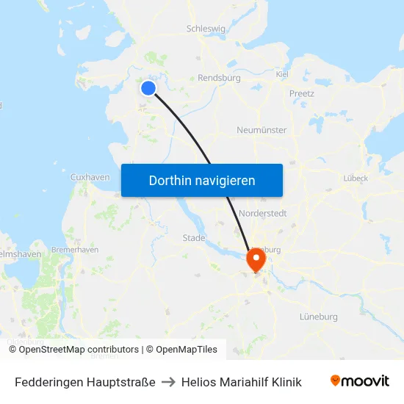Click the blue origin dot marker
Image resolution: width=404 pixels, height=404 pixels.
pos(148,88)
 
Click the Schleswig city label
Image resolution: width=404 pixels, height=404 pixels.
pos(207,29)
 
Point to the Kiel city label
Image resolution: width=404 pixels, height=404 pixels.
pos(282,74)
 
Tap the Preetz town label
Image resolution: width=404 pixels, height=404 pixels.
pos(301,93)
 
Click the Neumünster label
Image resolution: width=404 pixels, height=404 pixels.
pos(261,130)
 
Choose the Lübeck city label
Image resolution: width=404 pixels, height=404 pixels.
pos(356,178)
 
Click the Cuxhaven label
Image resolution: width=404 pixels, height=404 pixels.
pos(90,177)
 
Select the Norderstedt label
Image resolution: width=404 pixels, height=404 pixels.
pos(263,213)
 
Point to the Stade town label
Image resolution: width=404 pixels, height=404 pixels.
pos(194,238)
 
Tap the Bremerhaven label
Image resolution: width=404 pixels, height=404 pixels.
pos(75,250)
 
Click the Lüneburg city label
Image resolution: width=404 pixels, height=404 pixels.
pos(319,317)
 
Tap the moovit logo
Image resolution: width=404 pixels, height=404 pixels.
pos(360,381)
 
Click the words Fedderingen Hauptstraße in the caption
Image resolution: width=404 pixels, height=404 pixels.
pos(85,382)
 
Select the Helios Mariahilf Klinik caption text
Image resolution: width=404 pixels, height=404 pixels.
pos(241,382)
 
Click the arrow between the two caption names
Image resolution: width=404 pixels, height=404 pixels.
pos(168,382)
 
